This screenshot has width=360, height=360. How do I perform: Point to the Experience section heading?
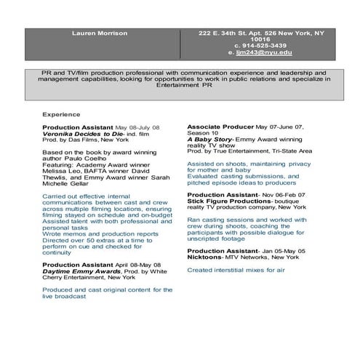tap(60, 115)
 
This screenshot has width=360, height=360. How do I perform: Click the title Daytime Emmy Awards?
tap(76, 271)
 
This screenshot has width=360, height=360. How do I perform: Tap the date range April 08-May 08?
tap(136, 265)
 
